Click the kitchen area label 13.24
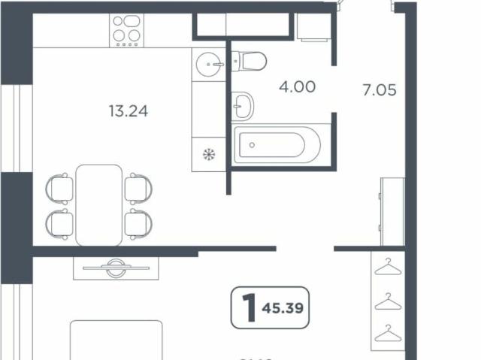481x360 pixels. coord(129,112)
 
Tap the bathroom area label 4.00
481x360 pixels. coord(297,86)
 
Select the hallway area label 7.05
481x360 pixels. coord(379,91)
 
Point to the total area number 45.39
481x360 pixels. coord(285,308)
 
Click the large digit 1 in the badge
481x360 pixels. coord(245,308)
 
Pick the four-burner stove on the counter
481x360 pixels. coord(127,29)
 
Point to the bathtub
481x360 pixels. coord(277,144)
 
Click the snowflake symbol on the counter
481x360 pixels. coord(209,155)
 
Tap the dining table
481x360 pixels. coord(98,204)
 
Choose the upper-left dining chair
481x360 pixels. coord(59,188)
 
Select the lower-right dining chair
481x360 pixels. coord(138,222)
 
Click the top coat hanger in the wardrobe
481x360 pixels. coord(388,267)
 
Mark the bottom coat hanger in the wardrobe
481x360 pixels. coord(388,331)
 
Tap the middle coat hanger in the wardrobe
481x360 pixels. coord(388,301)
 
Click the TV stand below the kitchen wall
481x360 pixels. coord(116,267)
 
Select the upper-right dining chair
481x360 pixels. coord(138,188)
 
